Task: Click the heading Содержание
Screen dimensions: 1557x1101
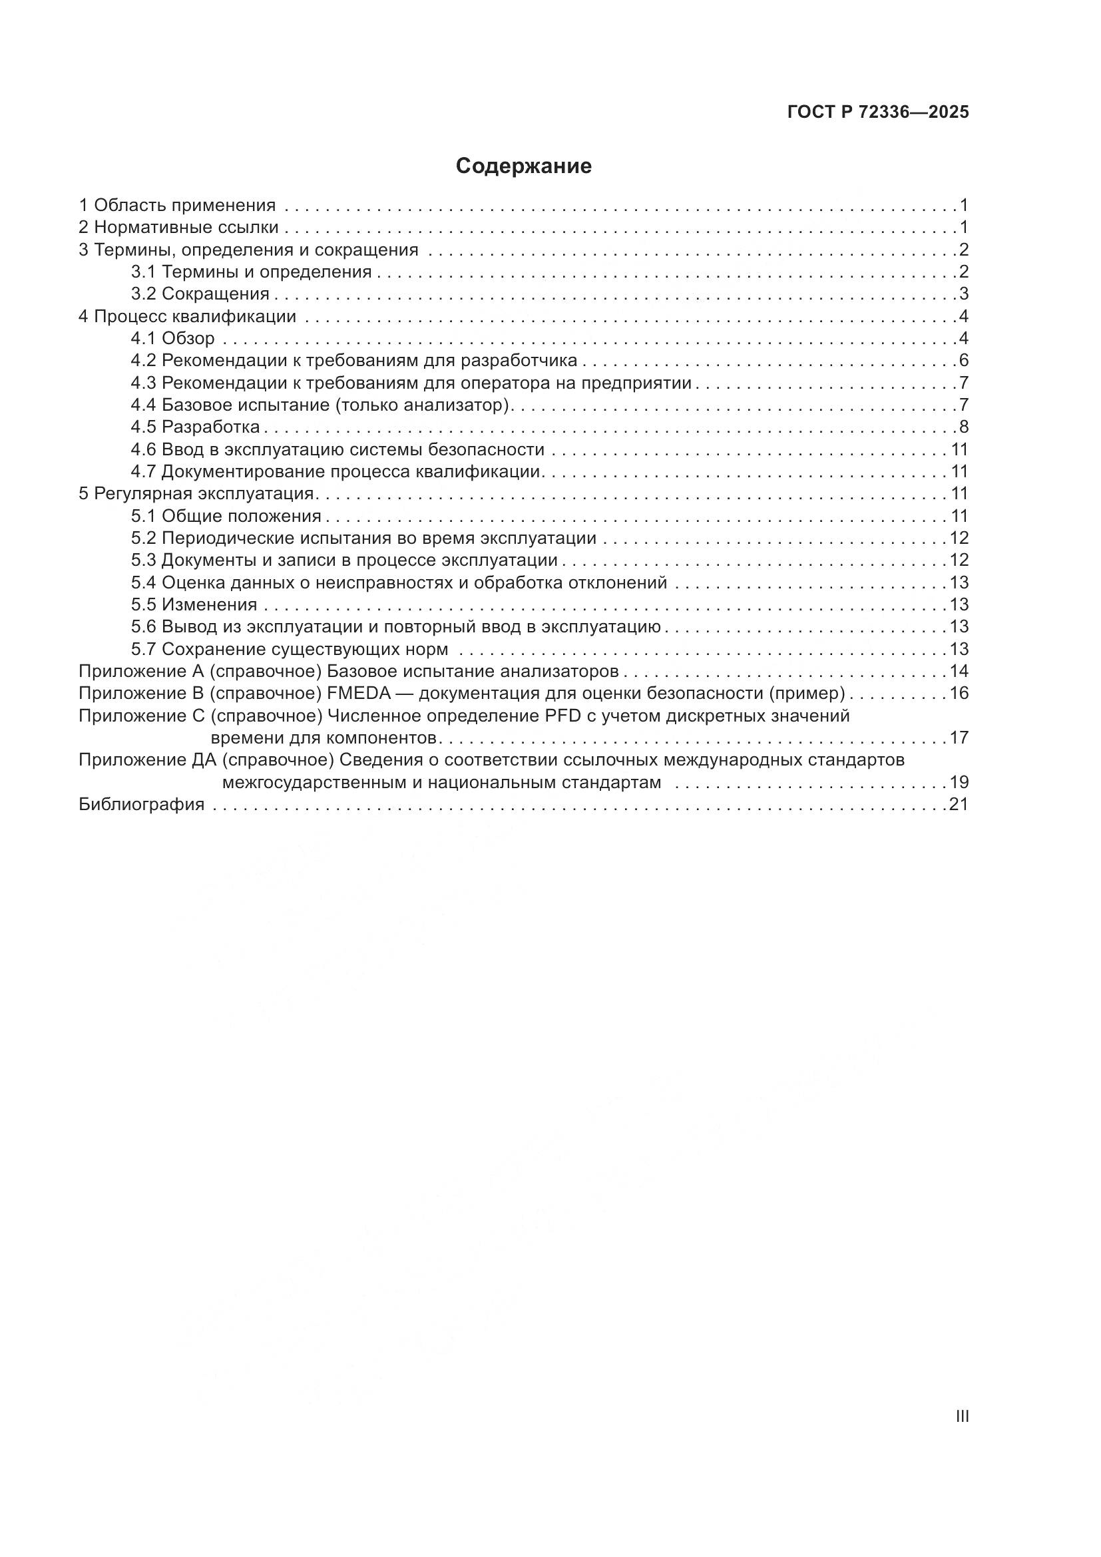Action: (x=523, y=166)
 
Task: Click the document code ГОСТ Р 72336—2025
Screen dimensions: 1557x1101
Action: (x=878, y=112)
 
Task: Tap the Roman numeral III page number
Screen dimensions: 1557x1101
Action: (x=961, y=1416)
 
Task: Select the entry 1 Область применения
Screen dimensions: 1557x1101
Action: (x=177, y=205)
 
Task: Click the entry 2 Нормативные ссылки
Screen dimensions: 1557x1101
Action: (x=178, y=227)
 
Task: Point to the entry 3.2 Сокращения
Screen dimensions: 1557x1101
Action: (x=200, y=294)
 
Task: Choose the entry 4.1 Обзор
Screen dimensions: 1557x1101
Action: (x=173, y=338)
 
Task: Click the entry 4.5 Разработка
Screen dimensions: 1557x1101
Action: (x=195, y=427)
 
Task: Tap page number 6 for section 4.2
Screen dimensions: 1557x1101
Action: (x=963, y=361)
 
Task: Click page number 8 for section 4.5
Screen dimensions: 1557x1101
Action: (x=963, y=427)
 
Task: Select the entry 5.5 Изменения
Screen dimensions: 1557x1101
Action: (x=194, y=604)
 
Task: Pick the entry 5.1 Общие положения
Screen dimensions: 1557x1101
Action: (x=226, y=516)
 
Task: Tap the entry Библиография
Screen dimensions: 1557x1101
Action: (x=142, y=804)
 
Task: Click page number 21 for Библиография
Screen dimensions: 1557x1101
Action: (x=959, y=804)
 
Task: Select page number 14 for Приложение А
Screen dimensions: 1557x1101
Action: (x=959, y=672)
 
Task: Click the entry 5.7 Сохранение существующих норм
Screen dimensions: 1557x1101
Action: (x=290, y=649)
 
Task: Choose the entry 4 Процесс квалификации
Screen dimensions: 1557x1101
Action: (x=187, y=316)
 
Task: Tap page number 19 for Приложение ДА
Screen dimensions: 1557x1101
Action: (x=959, y=782)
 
